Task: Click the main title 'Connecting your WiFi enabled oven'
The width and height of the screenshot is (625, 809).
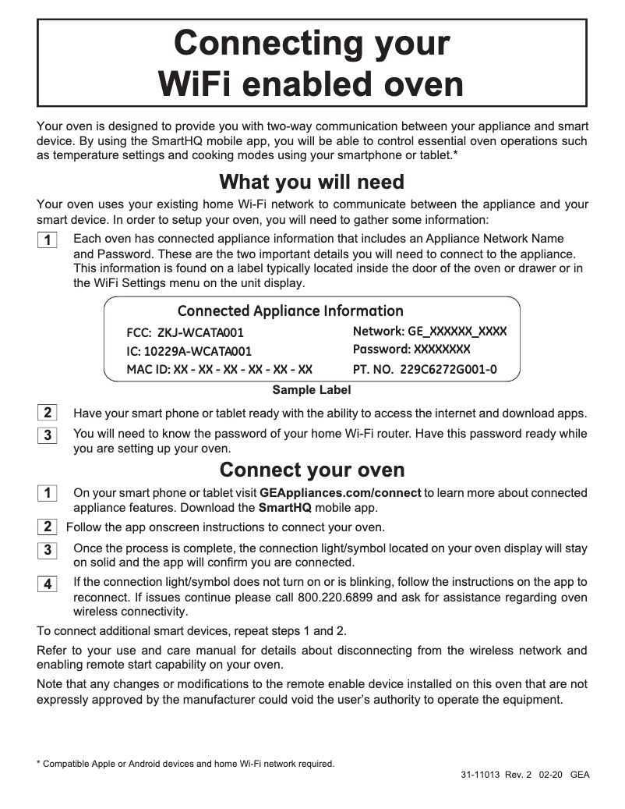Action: click(312, 62)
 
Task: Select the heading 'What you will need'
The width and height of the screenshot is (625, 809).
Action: click(312, 183)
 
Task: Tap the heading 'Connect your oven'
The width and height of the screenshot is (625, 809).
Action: click(312, 470)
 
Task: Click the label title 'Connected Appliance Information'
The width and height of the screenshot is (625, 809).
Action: click(291, 311)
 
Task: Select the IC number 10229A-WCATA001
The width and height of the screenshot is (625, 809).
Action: click(189, 351)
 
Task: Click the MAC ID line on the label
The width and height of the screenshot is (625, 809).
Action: click(220, 369)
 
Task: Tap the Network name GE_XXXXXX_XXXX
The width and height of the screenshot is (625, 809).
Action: click(429, 332)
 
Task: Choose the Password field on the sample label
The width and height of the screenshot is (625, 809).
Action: click(411, 350)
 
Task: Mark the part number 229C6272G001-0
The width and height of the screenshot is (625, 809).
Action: click(425, 369)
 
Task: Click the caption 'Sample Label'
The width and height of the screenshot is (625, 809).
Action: click(311, 390)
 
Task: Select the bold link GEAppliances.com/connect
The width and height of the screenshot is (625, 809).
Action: click(341, 493)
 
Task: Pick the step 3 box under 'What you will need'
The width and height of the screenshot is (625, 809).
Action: click(48, 435)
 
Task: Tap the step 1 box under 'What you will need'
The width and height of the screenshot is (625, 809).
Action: click(48, 240)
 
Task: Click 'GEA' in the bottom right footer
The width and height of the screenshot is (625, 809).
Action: click(580, 775)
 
